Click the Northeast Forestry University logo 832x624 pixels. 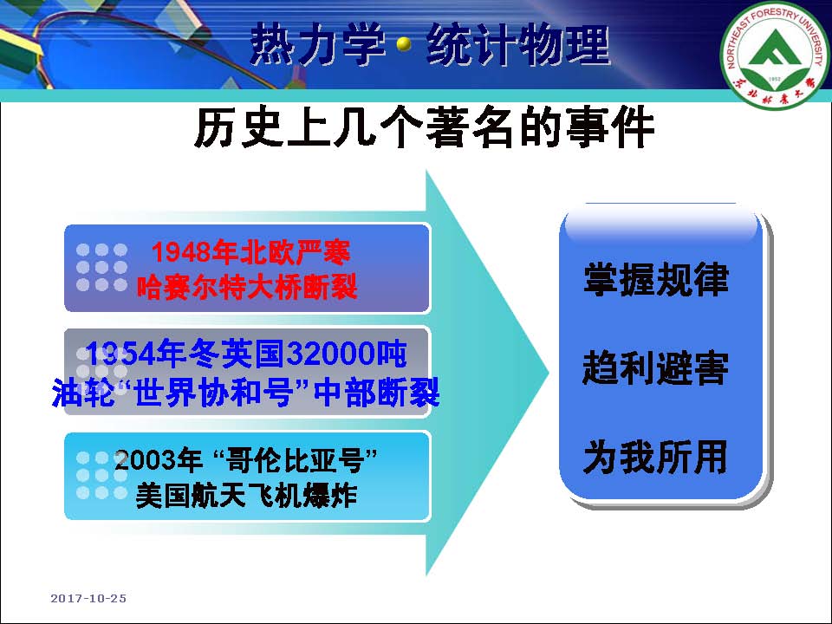tap(775, 55)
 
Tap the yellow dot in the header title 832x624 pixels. tap(405, 44)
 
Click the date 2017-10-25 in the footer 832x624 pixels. tap(88, 599)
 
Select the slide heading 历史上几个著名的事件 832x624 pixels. tap(424, 128)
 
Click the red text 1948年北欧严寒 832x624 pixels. tap(250, 252)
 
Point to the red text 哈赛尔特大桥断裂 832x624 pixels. tap(247, 288)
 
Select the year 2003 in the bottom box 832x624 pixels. tap(141, 460)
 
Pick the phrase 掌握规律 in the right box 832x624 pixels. tap(656, 279)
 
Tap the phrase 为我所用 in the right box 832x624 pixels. tap(656, 457)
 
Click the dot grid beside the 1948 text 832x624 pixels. tap(102, 268)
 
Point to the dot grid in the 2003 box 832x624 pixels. tap(102, 476)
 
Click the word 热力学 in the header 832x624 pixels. tap(317, 44)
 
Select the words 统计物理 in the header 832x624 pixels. tap(518, 44)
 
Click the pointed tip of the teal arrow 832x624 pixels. tap(548, 372)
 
